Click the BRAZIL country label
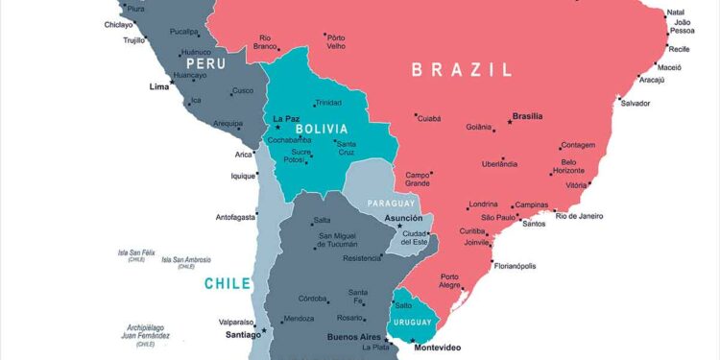[x=461, y=69]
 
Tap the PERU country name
[x=205, y=63]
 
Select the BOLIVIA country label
[x=322, y=129]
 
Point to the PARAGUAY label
[x=391, y=204]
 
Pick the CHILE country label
[x=227, y=283]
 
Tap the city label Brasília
[x=527, y=116]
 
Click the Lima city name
[x=159, y=87]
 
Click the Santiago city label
[x=242, y=335]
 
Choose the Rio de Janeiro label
[x=580, y=216]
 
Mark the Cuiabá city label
[x=428, y=118]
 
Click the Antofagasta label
[x=235, y=216]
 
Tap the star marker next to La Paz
[x=278, y=127]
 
